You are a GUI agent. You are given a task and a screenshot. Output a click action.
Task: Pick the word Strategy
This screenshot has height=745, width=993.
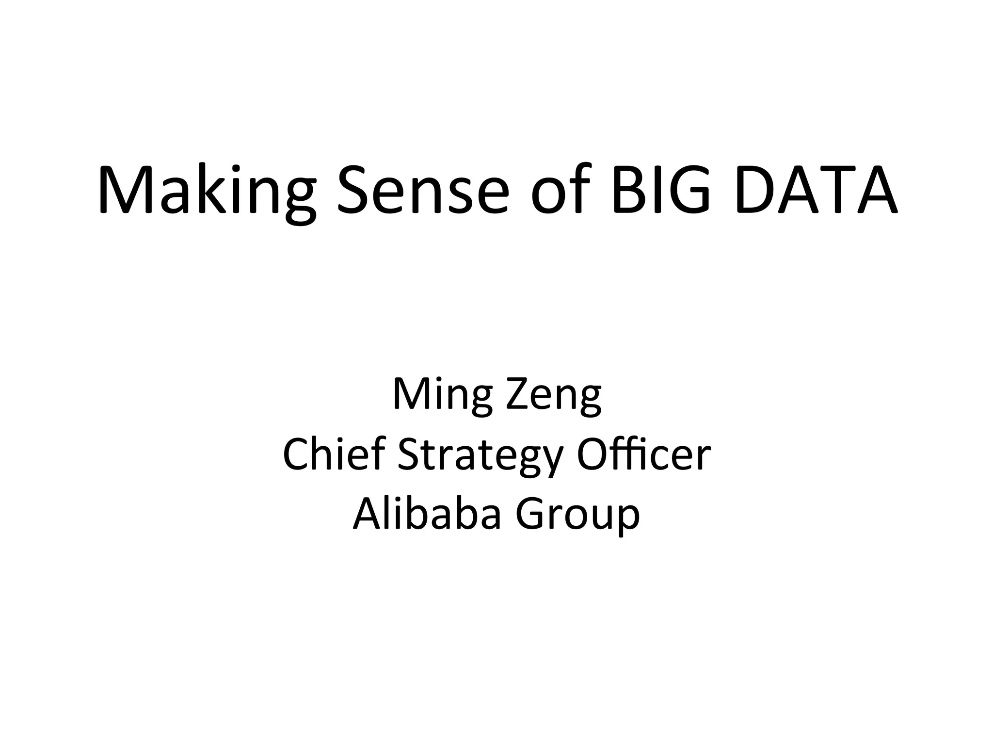pos(480,456)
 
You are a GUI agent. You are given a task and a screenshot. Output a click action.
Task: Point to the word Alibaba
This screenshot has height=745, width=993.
pos(427,514)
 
